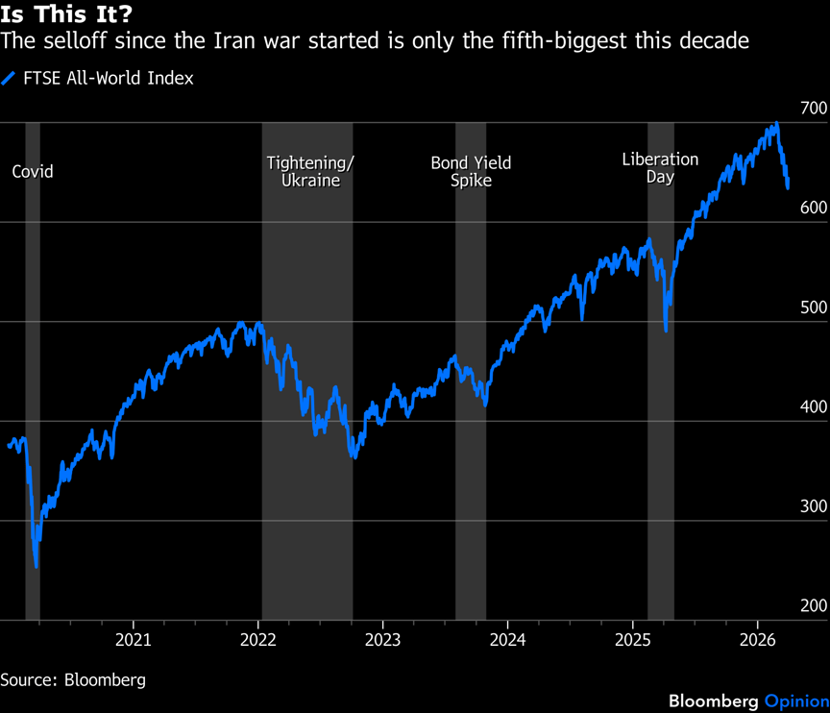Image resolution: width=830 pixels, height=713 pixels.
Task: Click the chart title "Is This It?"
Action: [x=66, y=14]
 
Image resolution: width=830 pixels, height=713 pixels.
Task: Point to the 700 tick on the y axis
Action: [x=813, y=108]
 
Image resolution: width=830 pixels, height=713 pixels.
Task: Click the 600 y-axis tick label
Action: [x=813, y=208]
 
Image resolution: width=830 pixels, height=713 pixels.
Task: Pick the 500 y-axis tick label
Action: [x=813, y=307]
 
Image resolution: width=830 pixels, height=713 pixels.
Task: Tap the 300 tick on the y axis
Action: [x=813, y=506]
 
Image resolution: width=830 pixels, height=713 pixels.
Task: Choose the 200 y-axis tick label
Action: [x=813, y=606]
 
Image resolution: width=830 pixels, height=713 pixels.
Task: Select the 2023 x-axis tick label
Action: [x=382, y=639]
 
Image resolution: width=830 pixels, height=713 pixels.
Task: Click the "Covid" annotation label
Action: [x=33, y=172]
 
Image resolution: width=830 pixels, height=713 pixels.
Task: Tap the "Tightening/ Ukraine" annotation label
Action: [x=310, y=171]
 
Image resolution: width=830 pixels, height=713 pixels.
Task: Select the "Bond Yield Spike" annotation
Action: [x=471, y=171]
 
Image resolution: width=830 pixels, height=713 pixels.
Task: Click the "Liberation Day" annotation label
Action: [x=660, y=168]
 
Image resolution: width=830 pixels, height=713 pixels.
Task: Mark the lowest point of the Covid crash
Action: [x=37, y=566]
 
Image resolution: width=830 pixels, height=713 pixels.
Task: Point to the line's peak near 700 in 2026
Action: [x=776, y=124]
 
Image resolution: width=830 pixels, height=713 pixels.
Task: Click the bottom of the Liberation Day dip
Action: [x=666, y=331]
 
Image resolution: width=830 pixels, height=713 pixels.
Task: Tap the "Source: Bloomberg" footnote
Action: [x=73, y=679]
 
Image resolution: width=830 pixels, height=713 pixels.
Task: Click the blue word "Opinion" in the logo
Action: [x=796, y=700]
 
